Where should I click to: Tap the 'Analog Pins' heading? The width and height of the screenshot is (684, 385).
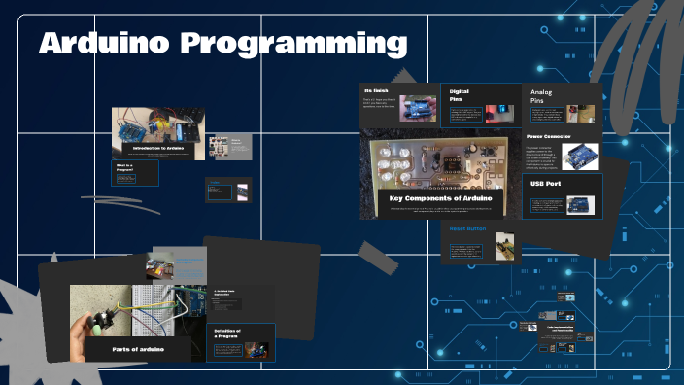click(x=540, y=95)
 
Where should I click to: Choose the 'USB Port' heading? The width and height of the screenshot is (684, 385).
click(x=545, y=183)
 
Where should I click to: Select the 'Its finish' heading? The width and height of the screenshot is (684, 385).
click(x=376, y=91)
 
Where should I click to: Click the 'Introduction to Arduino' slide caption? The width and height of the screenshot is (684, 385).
click(x=158, y=148)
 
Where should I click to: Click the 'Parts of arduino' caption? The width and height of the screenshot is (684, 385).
click(x=138, y=348)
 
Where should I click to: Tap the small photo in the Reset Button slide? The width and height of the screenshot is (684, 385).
click(x=504, y=246)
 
